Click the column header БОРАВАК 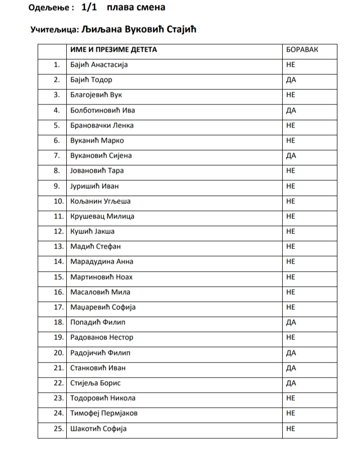302,50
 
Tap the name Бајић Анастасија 99,65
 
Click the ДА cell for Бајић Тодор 291,80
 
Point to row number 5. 57,126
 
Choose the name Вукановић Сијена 101,156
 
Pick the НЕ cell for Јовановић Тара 290,171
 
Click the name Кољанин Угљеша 100,201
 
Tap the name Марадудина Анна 102,262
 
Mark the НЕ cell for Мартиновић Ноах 290,277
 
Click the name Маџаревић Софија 103,307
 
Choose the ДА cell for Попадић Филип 291,322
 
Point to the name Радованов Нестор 102,337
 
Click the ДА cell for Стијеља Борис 291,383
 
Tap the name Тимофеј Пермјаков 104,414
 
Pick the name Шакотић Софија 98,429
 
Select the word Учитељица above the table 52,30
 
